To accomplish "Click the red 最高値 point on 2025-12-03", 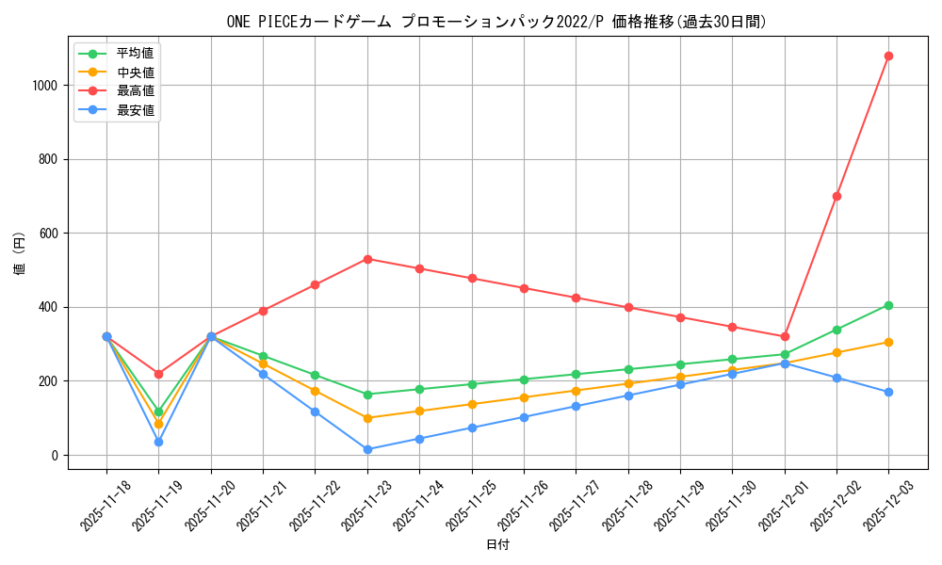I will coord(888,56).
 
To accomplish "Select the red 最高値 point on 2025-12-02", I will coord(836,196).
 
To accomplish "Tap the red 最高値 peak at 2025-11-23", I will coord(367,259).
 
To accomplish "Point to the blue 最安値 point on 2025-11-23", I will coord(367,449).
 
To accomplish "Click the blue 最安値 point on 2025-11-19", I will coord(158,442).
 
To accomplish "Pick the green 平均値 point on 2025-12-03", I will coord(888,305).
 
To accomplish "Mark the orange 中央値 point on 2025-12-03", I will coord(888,342).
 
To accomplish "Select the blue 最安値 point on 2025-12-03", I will coord(888,392).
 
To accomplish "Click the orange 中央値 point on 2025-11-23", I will coord(367,418).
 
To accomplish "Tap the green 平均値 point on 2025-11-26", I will coord(524,379).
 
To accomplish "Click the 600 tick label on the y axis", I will coord(49,233).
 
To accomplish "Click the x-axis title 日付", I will coord(497,545).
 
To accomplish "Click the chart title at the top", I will coord(497,22).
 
